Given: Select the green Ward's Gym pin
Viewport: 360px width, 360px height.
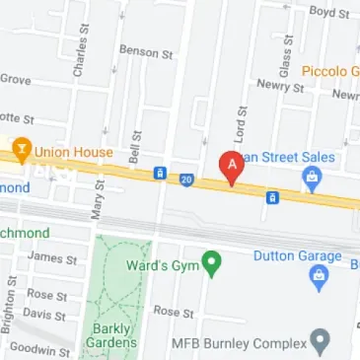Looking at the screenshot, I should tap(210, 263).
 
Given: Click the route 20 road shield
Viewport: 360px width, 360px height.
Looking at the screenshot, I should tap(186, 179).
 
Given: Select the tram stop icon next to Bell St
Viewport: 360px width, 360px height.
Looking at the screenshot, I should tap(159, 174).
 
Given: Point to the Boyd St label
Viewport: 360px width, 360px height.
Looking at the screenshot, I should tap(329, 12).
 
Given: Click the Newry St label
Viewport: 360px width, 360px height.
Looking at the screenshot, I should tap(280, 87).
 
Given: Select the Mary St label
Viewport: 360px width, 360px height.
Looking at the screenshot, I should tap(97, 204).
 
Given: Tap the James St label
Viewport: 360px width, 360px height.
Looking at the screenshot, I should tap(51, 258).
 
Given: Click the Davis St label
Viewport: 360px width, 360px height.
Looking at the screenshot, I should tap(42, 314).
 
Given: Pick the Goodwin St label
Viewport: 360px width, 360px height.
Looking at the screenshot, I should tap(38, 350).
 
